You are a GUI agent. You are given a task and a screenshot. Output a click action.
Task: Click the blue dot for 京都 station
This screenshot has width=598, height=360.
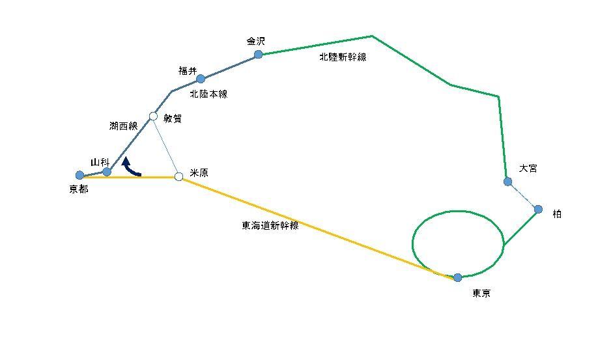79,175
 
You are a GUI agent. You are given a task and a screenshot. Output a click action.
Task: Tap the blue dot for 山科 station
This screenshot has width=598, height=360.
107,172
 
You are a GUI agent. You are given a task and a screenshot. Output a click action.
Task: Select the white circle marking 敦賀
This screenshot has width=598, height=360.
153,116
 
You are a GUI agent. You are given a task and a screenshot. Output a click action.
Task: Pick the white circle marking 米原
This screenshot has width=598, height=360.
178,176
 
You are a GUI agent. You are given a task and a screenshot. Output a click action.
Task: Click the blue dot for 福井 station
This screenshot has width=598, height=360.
201,79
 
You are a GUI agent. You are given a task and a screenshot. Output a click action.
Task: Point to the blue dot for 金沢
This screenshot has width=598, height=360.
258,55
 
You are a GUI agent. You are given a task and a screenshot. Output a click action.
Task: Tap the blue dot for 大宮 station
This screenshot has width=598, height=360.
508,181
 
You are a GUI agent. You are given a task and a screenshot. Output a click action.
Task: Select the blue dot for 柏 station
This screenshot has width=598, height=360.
538,209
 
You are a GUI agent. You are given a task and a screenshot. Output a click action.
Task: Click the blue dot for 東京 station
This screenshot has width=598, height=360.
457,277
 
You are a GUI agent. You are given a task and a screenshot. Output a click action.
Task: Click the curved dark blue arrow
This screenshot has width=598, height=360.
132,168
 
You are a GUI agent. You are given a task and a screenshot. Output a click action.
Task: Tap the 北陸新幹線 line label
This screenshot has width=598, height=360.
343,57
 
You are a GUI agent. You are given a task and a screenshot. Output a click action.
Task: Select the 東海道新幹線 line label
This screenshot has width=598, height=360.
270,226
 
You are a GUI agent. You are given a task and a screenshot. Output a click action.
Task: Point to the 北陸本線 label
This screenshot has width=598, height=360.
208,94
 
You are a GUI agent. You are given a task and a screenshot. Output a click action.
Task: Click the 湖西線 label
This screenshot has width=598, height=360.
123,126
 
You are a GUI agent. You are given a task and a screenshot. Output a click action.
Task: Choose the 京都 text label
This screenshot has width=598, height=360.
78,189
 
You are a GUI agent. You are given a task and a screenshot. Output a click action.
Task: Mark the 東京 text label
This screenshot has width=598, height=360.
481,294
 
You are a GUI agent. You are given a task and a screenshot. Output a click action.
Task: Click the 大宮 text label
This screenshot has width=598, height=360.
528,169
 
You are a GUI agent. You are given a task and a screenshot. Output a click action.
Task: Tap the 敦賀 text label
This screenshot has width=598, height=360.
173,118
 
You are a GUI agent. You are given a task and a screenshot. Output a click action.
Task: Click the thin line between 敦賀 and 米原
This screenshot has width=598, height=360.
165,146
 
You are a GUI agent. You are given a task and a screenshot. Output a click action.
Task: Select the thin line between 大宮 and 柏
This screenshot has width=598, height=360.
523,195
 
